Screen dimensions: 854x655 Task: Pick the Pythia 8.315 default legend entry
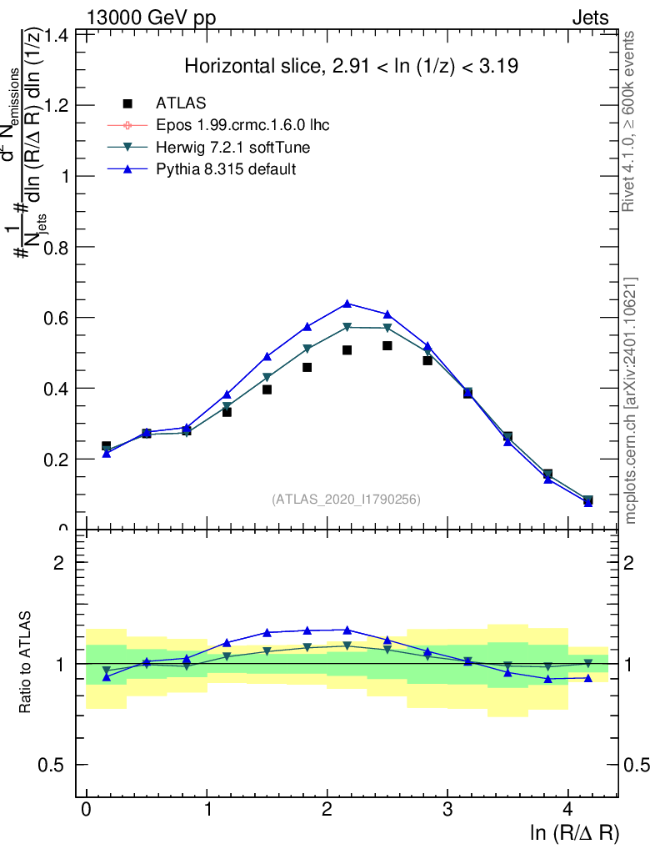click(226, 169)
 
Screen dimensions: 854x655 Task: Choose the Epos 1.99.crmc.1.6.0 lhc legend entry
click(242, 125)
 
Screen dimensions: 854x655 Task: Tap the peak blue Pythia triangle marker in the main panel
click(347, 303)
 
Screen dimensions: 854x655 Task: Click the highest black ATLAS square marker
click(387, 345)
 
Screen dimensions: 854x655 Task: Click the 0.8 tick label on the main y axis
click(56, 248)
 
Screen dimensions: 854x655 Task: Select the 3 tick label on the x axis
click(447, 810)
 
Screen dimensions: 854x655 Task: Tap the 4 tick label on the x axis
click(568, 810)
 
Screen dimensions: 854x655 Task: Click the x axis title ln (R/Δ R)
click(574, 833)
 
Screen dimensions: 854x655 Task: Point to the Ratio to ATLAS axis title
click(27, 664)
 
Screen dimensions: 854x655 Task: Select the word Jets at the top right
click(589, 18)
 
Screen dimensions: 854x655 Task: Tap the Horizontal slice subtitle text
click(352, 67)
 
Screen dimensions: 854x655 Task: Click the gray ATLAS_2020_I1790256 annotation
click(346, 500)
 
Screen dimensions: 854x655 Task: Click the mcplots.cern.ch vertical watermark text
click(631, 400)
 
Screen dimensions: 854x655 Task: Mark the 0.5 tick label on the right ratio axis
click(640, 766)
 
